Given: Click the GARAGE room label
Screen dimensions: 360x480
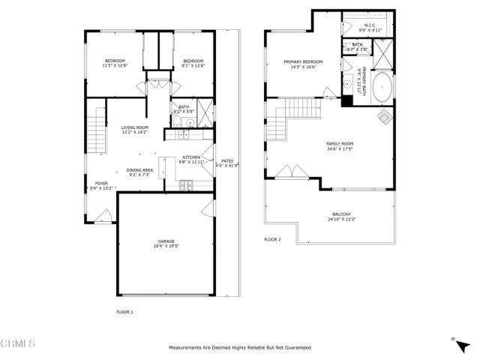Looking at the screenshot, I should (166, 241).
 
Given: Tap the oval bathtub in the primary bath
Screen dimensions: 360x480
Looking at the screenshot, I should (382, 88).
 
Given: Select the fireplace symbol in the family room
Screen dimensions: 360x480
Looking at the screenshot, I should (382, 116).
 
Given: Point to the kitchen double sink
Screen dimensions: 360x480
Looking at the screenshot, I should (181, 135).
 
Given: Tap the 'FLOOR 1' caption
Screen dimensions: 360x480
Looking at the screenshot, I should (124, 311).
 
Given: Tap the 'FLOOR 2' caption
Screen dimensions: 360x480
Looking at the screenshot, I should (272, 240).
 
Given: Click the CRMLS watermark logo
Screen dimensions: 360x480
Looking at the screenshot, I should (18, 344).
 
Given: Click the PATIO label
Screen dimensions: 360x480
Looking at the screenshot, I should (227, 160).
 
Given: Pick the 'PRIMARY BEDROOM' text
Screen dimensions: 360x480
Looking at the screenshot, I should (303, 61).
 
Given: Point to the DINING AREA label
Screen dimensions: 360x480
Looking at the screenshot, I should (140, 170).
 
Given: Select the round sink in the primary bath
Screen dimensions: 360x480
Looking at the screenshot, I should (349, 85).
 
